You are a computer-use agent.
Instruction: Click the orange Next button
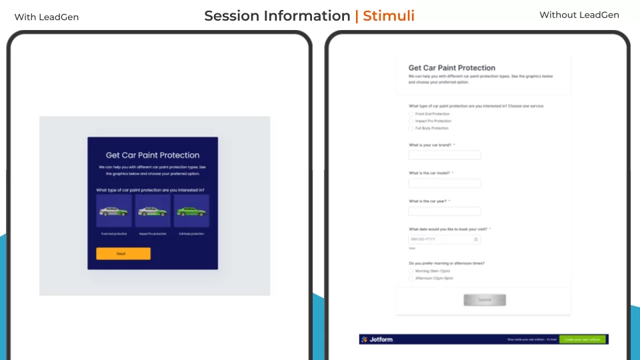click(x=123, y=253)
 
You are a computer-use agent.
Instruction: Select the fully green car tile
click(x=191, y=211)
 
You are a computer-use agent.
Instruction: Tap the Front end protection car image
click(x=114, y=211)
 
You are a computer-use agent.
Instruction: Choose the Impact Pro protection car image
click(x=153, y=211)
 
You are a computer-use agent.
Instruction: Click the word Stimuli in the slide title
click(x=388, y=16)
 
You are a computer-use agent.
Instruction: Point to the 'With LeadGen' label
click(x=47, y=17)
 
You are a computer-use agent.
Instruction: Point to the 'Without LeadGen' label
click(x=579, y=15)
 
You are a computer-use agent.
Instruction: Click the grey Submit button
click(x=485, y=300)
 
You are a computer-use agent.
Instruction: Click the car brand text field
click(x=444, y=155)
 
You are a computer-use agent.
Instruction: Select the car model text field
click(x=444, y=183)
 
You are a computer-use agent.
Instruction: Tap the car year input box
click(x=444, y=211)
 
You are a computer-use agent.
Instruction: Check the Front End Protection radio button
click(x=411, y=114)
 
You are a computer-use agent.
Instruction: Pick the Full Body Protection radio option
click(x=411, y=128)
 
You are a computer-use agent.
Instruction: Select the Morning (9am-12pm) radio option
click(x=411, y=271)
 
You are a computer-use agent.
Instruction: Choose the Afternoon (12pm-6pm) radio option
click(x=411, y=279)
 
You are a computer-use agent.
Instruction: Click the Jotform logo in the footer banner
click(x=377, y=339)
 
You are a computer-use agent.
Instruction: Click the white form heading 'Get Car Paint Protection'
click(x=451, y=68)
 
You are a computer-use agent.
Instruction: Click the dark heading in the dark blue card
click(x=153, y=155)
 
